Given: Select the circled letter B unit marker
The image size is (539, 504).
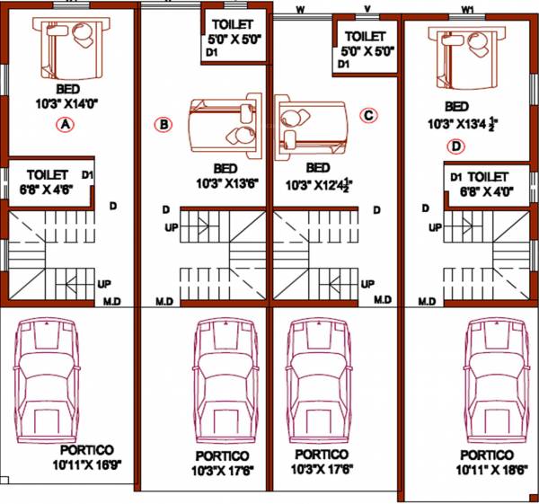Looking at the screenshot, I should pos(163,125).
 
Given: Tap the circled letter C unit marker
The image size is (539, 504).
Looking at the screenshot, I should pos(368,115).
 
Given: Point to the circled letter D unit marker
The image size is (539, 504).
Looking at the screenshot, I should pos(456,146).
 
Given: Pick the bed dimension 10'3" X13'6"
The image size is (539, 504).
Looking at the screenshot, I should pos(225,183).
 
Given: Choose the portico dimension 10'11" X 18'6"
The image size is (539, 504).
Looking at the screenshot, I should pos(488,469).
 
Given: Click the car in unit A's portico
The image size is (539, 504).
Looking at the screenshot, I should pos(49,378).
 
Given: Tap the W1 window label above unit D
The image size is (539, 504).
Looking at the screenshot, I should pos(467,9).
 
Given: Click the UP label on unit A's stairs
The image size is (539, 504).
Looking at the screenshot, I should pos(104,284).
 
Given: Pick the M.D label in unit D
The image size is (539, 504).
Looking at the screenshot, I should pos(427,300).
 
